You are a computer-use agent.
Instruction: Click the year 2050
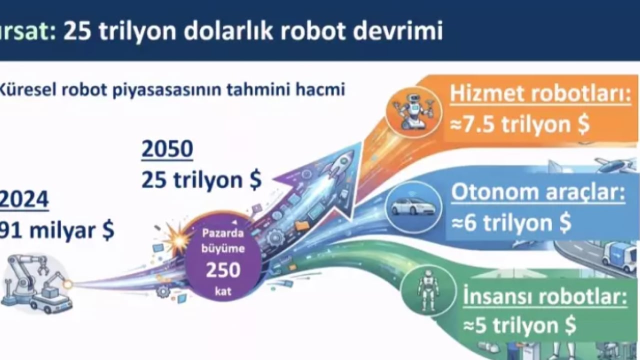pos(167,149)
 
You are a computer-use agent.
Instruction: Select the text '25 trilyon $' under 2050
pos(201,180)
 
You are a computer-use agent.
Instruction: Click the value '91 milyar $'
pos(57,230)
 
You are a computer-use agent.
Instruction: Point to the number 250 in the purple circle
pos(223,270)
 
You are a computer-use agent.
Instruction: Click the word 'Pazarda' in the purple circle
pos(223,233)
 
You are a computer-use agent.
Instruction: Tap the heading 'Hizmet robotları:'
pos(540,94)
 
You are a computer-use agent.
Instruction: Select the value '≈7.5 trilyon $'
pos(519,124)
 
